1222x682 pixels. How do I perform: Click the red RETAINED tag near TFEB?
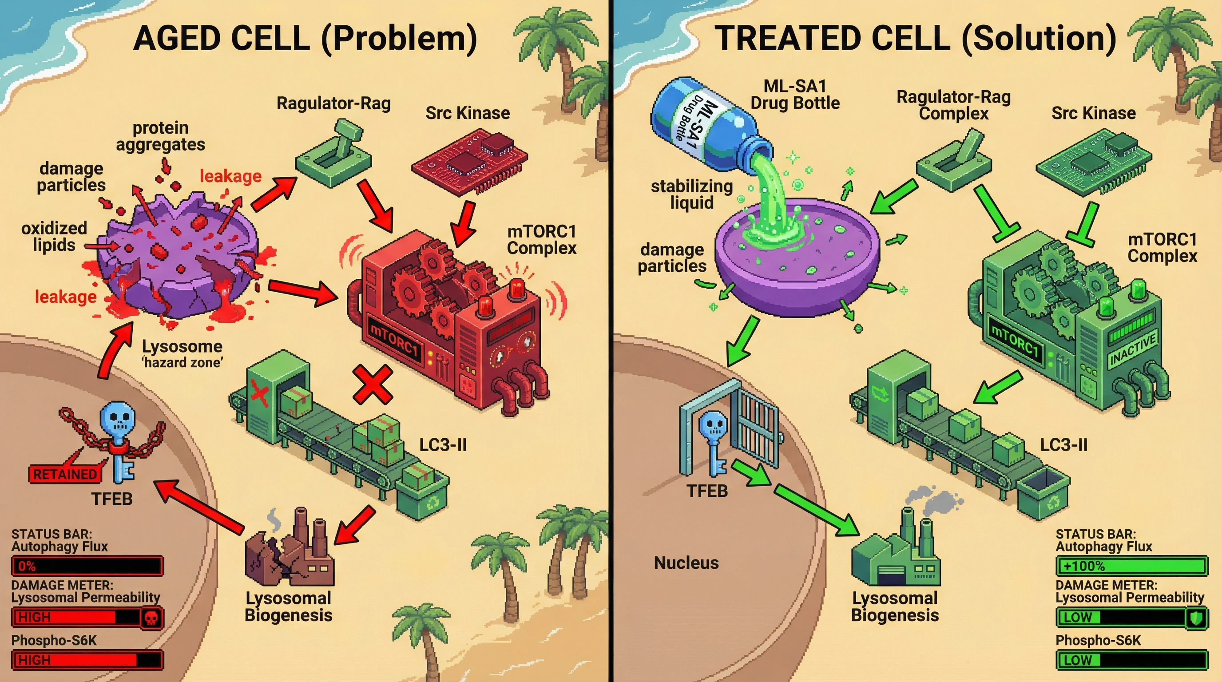pos(64,474)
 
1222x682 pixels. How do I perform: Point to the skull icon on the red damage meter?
pos(151,618)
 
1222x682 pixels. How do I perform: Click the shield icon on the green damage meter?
pos(1195,618)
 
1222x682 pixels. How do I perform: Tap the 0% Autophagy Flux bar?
pos(87,566)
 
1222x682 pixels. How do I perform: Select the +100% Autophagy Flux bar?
pos(1131,566)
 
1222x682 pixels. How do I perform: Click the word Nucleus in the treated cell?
pos(686,563)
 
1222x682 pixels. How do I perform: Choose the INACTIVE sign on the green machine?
pos(1133,350)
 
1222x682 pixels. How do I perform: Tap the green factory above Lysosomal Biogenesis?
pos(896,555)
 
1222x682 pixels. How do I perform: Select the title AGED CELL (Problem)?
pos(305,38)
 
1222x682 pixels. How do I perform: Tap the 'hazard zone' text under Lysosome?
pos(183,363)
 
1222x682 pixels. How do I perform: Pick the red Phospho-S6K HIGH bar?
pos(87,660)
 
